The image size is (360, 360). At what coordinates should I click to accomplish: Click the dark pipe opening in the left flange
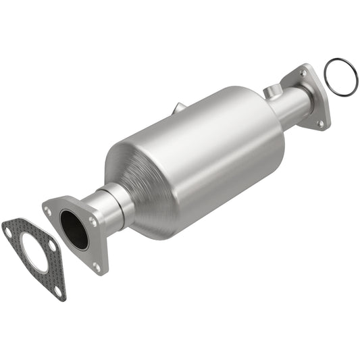[x=74, y=230]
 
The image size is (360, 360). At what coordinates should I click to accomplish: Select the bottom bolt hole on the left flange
[x=96, y=265]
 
